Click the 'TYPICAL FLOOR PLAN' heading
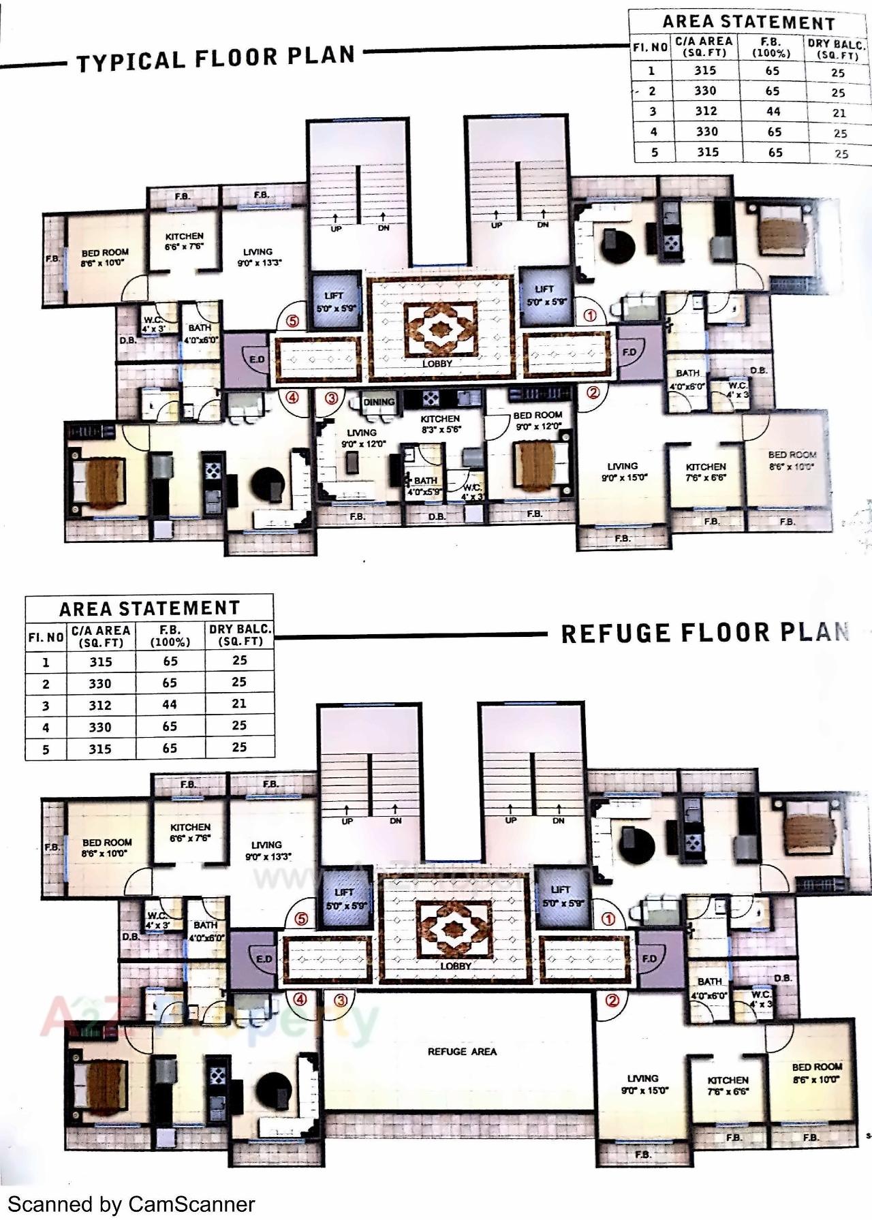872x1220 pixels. [215, 58]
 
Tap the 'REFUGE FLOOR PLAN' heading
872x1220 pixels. [704, 633]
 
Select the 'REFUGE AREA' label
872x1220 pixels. [462, 1051]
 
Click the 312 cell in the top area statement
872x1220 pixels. [706, 111]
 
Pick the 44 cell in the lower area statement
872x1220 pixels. [170, 704]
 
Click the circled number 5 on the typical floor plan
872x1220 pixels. [292, 320]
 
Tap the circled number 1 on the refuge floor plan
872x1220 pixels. [608, 918]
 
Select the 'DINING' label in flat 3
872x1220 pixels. [379, 402]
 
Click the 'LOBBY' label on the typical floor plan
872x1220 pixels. [437, 363]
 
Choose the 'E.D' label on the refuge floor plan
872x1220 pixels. [264, 958]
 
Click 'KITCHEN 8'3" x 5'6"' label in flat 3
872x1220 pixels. [440, 424]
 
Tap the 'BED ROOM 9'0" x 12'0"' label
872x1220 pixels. [538, 420]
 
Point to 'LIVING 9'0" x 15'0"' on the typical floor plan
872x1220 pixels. [623, 471]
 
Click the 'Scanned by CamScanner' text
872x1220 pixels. [131, 1204]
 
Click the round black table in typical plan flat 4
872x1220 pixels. [268, 484]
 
